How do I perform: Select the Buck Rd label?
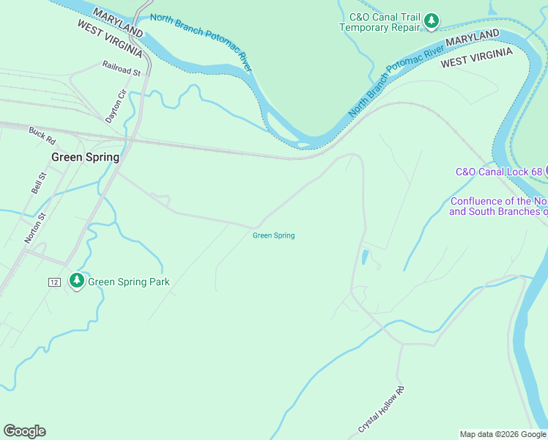coord(42,135)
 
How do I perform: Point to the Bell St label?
coord(38,183)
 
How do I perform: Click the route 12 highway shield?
coord(54,282)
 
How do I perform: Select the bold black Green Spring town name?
coord(85,157)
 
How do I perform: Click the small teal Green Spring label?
coord(273,235)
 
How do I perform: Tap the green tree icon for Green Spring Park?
coord(76,280)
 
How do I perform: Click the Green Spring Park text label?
coord(129,282)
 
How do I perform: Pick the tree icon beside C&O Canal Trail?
coord(432,22)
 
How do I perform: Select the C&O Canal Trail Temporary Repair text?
coord(379,22)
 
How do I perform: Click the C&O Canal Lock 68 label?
coord(498,172)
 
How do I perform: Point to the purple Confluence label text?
coord(498,206)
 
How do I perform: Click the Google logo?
coord(24,431)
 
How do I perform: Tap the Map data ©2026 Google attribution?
coord(503,434)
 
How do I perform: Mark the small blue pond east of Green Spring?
coord(365,257)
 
